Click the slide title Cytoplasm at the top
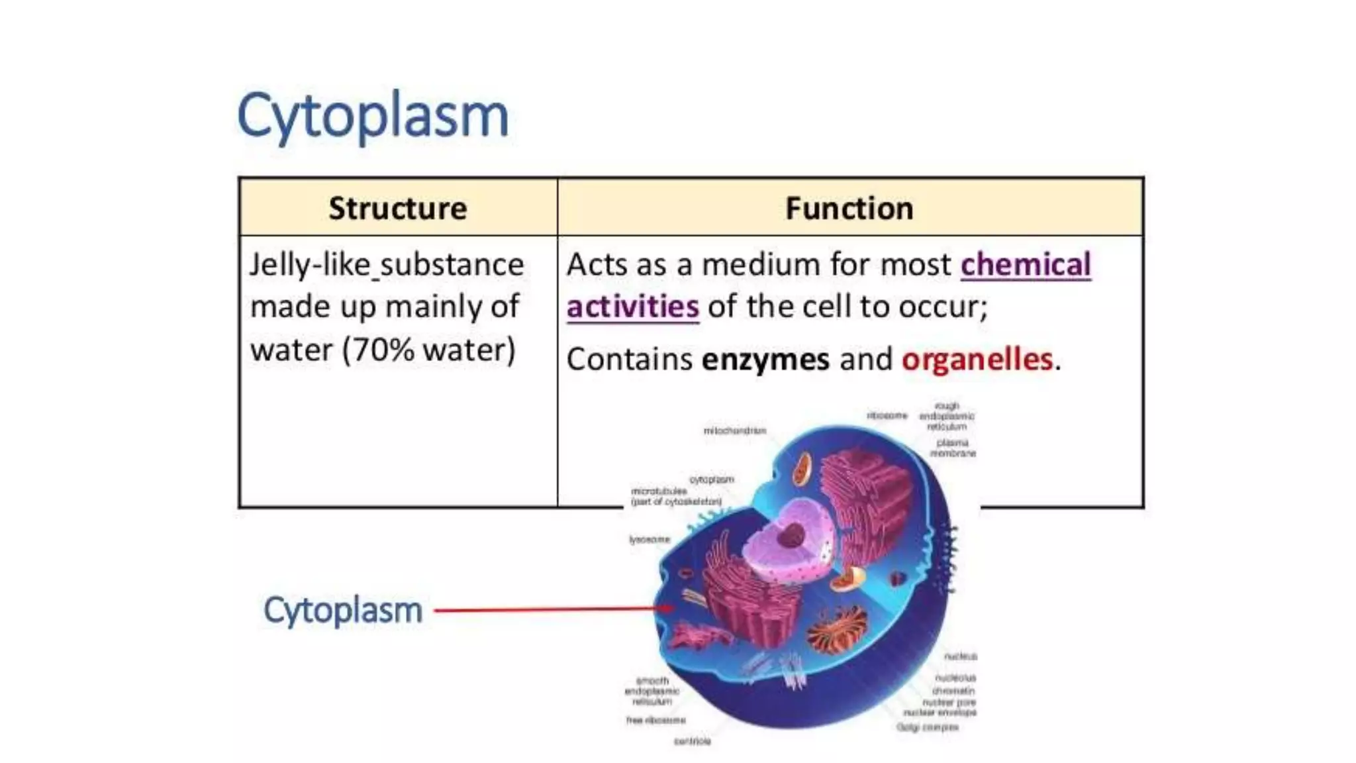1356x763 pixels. click(372, 117)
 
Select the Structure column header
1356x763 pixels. click(398, 208)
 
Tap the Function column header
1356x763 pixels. click(849, 208)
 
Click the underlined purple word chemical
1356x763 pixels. click(1026, 265)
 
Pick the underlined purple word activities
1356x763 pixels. click(632, 307)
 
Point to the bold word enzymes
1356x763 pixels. click(765, 360)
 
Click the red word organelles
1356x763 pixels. click(977, 360)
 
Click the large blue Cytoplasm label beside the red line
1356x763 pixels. click(342, 610)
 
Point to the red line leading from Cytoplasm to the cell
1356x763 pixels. click(550, 609)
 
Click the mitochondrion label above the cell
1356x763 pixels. click(734, 431)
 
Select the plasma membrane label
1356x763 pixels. click(953, 448)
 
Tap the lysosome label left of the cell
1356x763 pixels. click(650, 540)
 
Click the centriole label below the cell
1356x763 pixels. click(692, 741)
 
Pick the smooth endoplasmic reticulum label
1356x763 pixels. click(652, 691)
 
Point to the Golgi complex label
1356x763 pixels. click(928, 727)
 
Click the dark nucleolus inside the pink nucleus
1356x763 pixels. click(791, 535)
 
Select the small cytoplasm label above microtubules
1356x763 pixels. click(712, 479)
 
